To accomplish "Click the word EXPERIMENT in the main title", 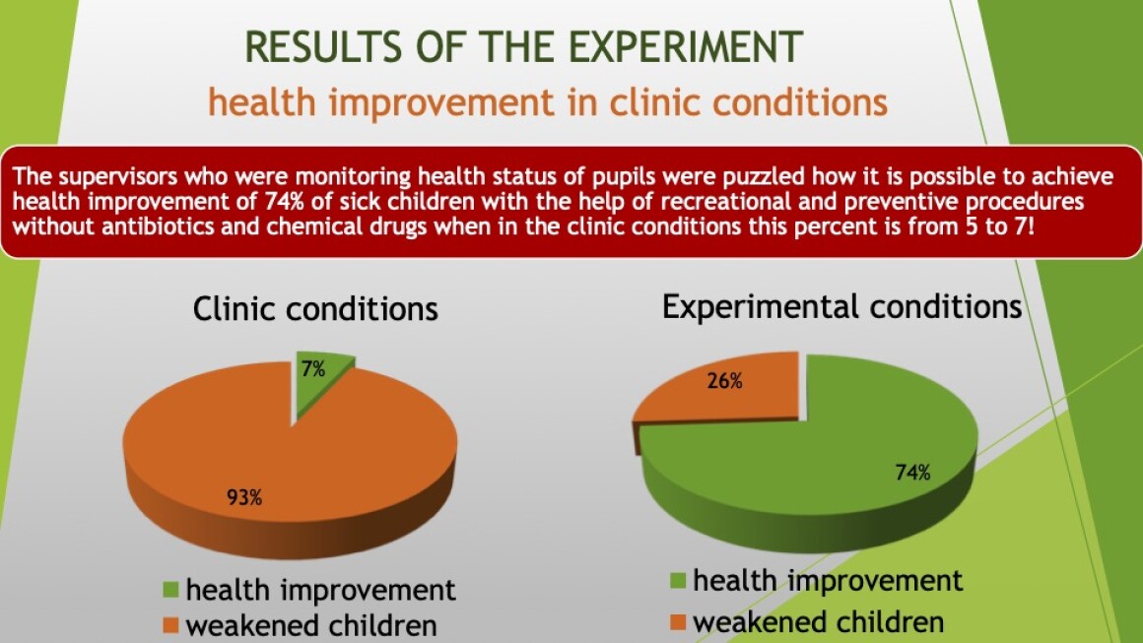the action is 685,47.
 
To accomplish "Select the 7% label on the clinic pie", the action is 313,369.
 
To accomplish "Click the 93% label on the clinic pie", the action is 244,497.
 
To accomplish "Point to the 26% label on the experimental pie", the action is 724,381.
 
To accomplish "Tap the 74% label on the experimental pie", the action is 912,473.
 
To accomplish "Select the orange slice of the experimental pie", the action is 718,390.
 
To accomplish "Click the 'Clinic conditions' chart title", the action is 315,309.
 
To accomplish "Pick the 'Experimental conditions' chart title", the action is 841,306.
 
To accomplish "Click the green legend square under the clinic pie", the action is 170,589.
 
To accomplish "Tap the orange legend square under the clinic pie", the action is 170,625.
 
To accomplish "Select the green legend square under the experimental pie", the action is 678,581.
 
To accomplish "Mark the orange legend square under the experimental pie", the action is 678,622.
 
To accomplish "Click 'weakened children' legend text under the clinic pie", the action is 311,625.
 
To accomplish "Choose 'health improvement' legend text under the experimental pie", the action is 828,581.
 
